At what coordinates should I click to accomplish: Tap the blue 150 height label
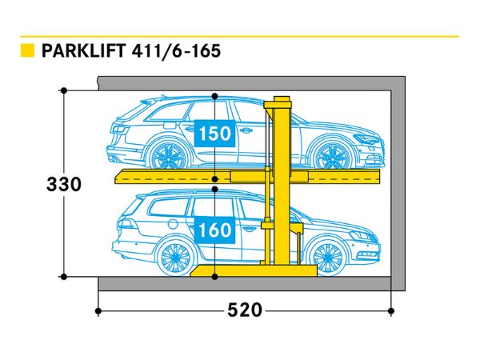[x=215, y=133]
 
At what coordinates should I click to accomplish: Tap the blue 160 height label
[x=215, y=230]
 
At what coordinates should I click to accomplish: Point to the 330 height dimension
[x=63, y=184]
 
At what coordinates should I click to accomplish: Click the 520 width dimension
[x=245, y=310]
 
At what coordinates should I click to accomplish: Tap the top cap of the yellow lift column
[x=281, y=99]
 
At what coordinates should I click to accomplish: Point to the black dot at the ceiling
[x=214, y=97]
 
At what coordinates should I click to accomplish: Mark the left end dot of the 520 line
[x=98, y=310]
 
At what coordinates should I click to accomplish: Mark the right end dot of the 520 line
[x=392, y=310]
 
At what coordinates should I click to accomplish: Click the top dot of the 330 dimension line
[x=63, y=90]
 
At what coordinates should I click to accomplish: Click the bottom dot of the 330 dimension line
[x=63, y=277]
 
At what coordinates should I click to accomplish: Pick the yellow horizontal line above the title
[x=240, y=36]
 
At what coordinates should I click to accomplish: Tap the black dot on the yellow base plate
[x=214, y=277]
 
